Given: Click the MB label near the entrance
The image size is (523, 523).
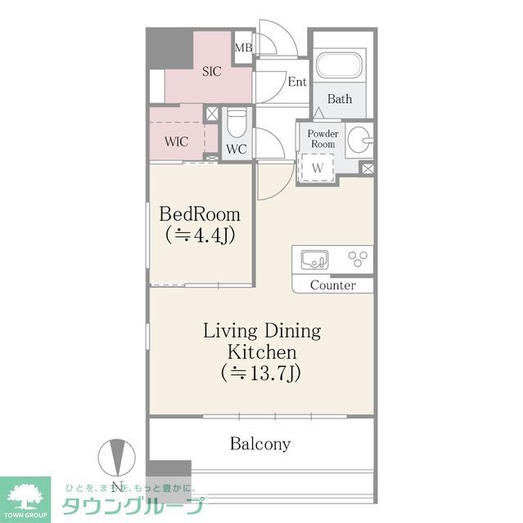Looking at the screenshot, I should [243, 48].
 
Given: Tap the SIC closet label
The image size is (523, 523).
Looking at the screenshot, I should [211, 72].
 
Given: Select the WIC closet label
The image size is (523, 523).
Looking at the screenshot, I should [176, 141].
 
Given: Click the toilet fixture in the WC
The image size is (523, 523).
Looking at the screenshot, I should [237, 123].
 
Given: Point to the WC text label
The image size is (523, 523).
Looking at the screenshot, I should [237, 150].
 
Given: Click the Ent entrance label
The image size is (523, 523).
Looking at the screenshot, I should [296, 82].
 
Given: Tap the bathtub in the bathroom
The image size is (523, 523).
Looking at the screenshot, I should [340, 67].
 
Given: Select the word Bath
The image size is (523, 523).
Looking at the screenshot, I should [340, 99].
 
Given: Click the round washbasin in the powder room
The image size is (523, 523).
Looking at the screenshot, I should [358, 141].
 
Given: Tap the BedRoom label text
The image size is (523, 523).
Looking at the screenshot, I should [200, 214].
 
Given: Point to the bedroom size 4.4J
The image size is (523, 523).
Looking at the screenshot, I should [200, 235].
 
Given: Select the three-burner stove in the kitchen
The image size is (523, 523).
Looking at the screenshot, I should [357, 259].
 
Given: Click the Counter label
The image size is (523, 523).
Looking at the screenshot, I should [333, 285].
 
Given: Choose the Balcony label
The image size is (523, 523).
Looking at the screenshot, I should [260, 445].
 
